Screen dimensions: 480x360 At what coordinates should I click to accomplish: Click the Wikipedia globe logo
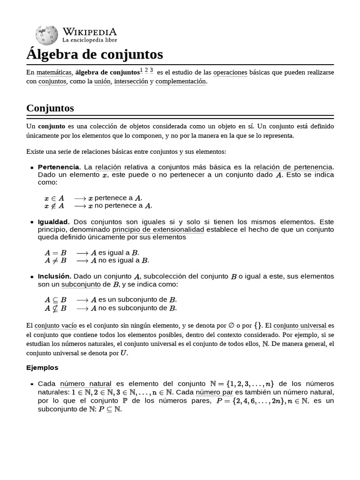[x=46, y=35]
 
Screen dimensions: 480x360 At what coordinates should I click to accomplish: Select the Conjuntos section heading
[x=50, y=108]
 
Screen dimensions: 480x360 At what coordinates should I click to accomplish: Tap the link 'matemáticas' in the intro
[x=54, y=73]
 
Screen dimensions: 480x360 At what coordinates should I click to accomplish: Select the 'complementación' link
[x=180, y=82]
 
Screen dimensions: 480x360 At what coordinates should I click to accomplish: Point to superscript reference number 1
[x=142, y=70]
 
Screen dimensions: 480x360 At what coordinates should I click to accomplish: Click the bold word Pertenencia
[x=58, y=167]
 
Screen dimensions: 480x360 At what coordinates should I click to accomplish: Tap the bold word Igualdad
[x=53, y=221]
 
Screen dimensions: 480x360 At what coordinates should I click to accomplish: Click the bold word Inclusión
[x=54, y=276]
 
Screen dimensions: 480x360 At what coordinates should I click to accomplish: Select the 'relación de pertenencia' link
[x=293, y=167]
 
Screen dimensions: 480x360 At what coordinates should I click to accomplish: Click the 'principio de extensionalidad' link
[x=158, y=230]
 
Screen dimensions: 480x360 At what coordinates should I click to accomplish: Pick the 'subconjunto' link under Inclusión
[x=81, y=285]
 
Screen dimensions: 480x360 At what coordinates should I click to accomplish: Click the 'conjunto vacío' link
[x=54, y=325]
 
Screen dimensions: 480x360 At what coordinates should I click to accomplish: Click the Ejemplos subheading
[x=42, y=367]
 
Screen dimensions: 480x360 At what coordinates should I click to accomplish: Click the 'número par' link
[x=214, y=392]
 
